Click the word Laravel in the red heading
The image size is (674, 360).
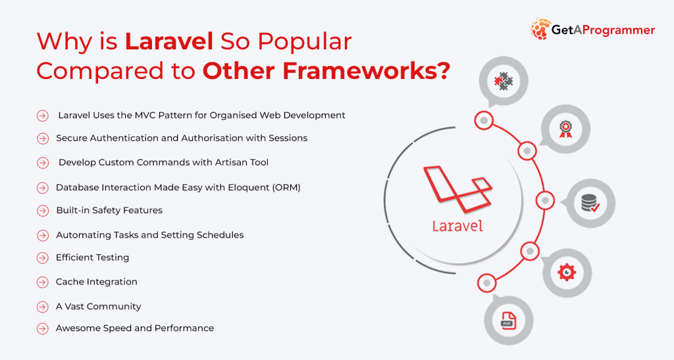point(168,41)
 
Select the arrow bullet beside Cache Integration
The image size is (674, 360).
point(43,282)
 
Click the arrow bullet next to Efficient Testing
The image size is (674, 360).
point(43,258)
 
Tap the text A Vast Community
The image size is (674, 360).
point(98,306)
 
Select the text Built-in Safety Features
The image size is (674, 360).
point(109,211)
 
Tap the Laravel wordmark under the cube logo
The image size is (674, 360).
point(457,226)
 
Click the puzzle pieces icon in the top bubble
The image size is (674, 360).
point(504,82)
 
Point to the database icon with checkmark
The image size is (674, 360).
point(590,203)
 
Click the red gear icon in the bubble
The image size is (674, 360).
point(567,272)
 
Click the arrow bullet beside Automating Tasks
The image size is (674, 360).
point(43,235)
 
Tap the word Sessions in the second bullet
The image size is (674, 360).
point(288,138)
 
